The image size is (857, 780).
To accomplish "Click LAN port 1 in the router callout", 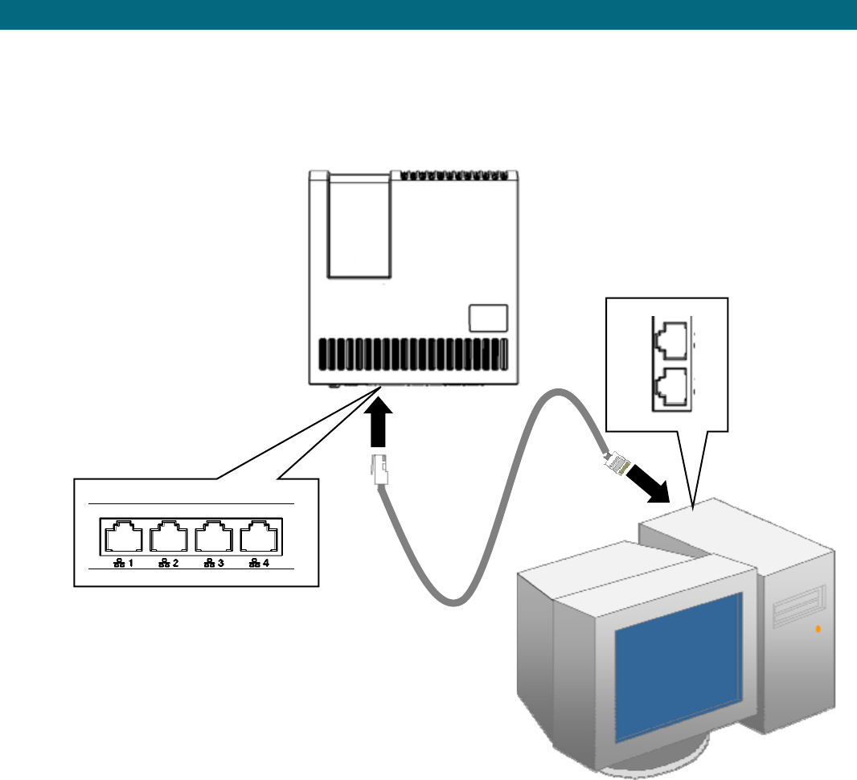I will pyautogui.click(x=123, y=536).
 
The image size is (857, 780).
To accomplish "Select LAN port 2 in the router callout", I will pyautogui.click(x=169, y=536).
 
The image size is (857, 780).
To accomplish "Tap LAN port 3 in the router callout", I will pyautogui.click(x=214, y=536).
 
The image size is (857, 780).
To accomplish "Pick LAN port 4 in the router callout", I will pyautogui.click(x=259, y=536).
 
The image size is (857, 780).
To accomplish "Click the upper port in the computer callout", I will pyautogui.click(x=668, y=340).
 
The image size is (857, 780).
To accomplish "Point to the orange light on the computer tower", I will pyautogui.click(x=818, y=628).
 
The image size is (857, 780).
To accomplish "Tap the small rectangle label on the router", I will pyautogui.click(x=488, y=317).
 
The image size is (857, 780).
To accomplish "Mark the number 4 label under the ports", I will pyautogui.click(x=264, y=563).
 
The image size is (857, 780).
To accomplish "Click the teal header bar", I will pyautogui.click(x=428, y=14).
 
